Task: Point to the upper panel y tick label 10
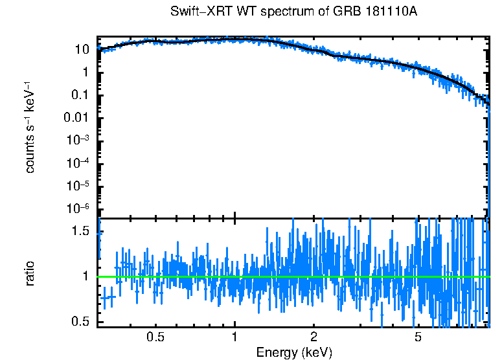(x=82, y=50)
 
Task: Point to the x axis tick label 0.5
(x=155, y=337)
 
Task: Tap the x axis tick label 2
(x=313, y=337)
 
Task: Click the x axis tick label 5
(x=418, y=337)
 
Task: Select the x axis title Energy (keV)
(x=294, y=352)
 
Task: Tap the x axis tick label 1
(x=234, y=337)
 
